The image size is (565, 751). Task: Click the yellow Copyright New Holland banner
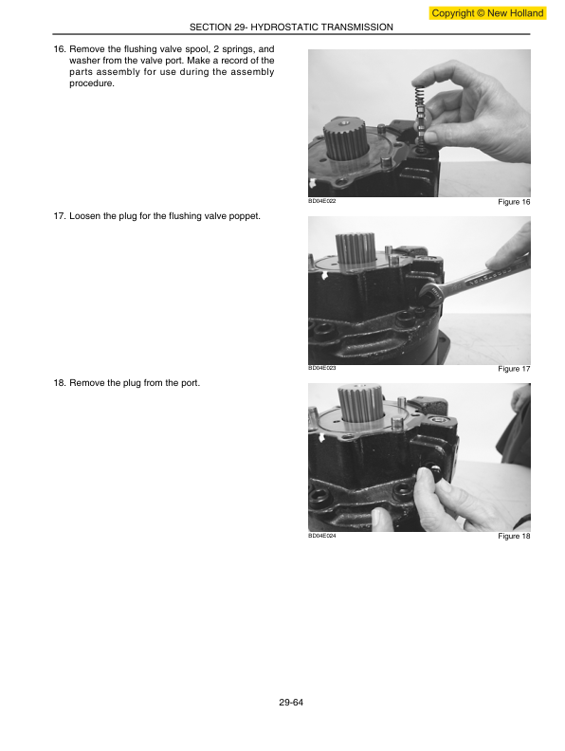[487, 13]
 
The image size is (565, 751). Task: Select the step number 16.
[60, 49]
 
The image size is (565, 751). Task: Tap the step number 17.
[60, 216]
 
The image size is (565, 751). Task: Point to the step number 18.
[60, 383]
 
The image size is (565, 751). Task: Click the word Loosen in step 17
[84, 216]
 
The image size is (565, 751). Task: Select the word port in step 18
[191, 383]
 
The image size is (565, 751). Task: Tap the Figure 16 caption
[514, 202]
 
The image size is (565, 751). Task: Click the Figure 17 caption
[514, 369]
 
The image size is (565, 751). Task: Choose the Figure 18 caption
[514, 536]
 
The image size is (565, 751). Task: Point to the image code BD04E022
[321, 201]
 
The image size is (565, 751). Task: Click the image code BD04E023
[321, 368]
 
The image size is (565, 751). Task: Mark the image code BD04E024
[321, 536]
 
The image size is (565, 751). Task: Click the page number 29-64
[291, 703]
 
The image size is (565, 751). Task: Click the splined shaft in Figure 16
[345, 138]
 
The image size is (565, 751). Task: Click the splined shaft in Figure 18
[361, 404]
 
